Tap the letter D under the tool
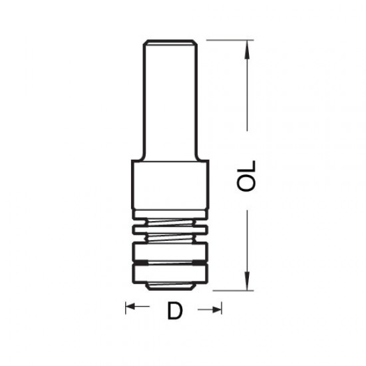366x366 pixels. point(174,310)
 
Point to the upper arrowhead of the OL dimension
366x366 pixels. point(248,46)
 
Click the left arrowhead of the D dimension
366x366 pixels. point(130,308)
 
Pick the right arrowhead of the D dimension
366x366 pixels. point(217,308)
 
